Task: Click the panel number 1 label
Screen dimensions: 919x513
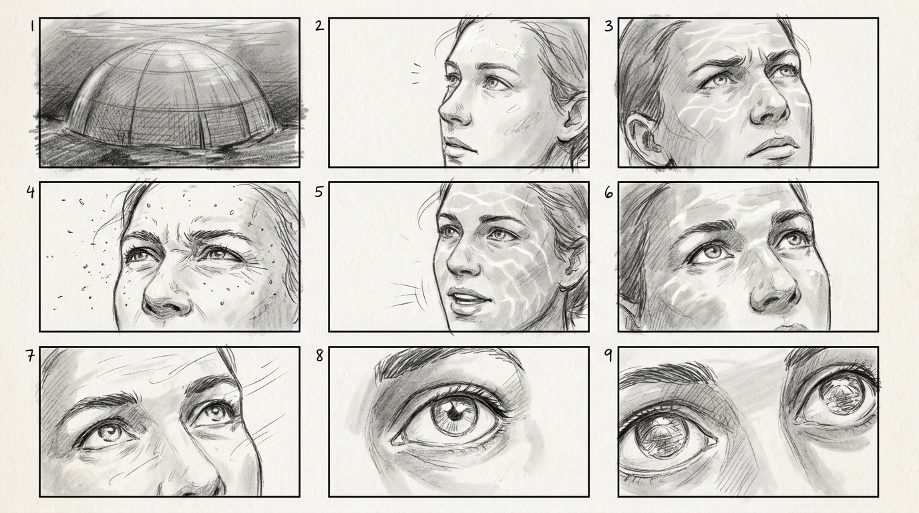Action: coord(32,27)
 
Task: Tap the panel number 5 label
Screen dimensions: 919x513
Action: coord(319,192)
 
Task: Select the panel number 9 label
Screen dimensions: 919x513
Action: coord(608,355)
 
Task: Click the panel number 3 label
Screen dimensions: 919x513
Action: coord(609,26)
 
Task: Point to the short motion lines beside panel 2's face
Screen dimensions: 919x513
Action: coord(417,74)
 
